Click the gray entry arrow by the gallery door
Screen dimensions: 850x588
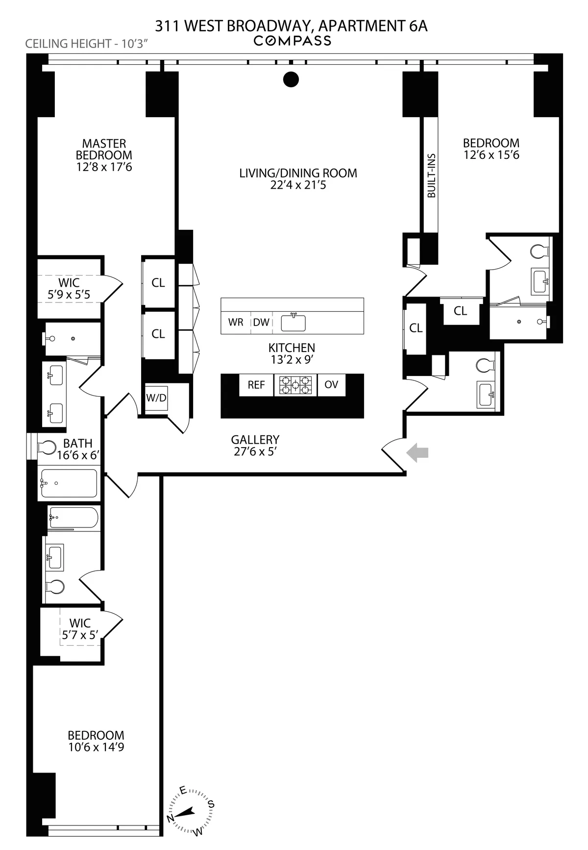pyautogui.click(x=418, y=452)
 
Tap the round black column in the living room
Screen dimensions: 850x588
pyautogui.click(x=291, y=79)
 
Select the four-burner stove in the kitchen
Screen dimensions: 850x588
pyautogui.click(x=295, y=385)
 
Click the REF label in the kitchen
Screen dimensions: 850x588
pyautogui.click(x=256, y=385)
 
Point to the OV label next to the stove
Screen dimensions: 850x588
pyautogui.click(x=331, y=385)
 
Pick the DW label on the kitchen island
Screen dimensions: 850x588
pyautogui.click(x=261, y=323)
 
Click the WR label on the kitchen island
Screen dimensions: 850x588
pyautogui.click(x=236, y=323)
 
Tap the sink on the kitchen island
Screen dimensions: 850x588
pyautogui.click(x=293, y=323)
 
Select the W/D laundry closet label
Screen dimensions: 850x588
pyautogui.click(x=156, y=398)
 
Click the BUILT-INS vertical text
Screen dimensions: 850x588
pyautogui.click(x=432, y=175)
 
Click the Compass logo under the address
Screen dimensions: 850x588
pyautogui.click(x=292, y=41)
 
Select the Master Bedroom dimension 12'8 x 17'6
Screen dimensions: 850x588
pyautogui.click(x=104, y=167)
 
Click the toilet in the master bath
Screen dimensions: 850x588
pyautogui.click(x=48, y=447)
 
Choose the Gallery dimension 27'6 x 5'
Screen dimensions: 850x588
pyautogui.click(x=255, y=451)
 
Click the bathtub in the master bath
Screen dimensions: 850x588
pyautogui.click(x=69, y=483)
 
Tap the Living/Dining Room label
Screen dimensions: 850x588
pyautogui.click(x=298, y=173)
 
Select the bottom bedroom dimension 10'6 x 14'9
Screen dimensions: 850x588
pyautogui.click(x=96, y=747)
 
